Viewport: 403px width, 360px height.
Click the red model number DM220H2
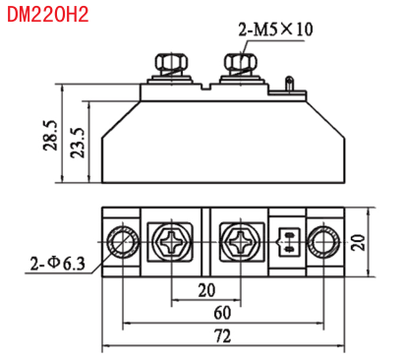[x=48, y=15]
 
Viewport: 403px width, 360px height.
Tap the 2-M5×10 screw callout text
[x=275, y=30]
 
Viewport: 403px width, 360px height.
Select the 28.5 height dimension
[x=50, y=136]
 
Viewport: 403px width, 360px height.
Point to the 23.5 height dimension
[x=79, y=143]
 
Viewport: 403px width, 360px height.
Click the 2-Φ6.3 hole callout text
[x=58, y=264]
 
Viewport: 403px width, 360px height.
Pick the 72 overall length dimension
[x=222, y=336]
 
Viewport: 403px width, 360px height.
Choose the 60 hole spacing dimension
[x=222, y=313]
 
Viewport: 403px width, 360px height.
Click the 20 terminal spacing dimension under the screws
[x=206, y=290]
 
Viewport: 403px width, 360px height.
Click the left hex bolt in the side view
[x=171, y=65]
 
